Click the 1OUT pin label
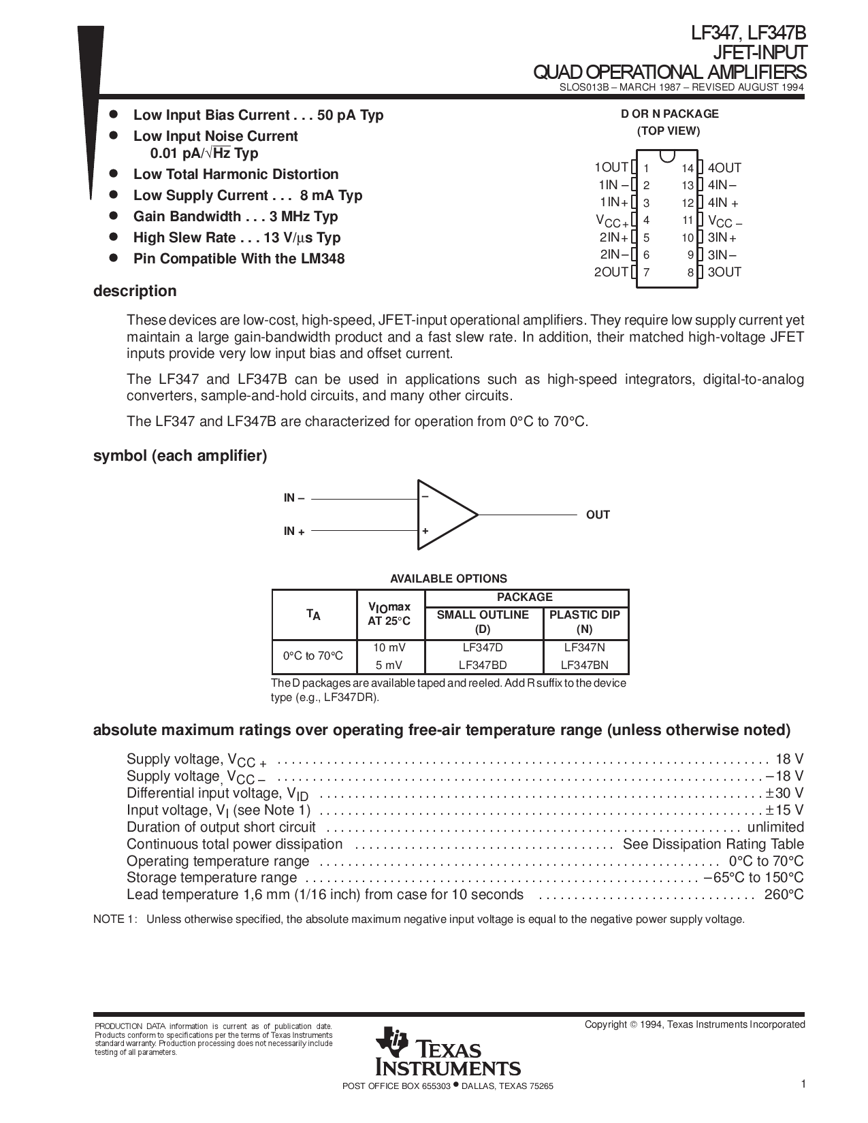[611, 167]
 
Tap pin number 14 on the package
[688, 168]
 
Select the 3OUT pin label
[724, 272]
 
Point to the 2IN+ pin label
[613, 238]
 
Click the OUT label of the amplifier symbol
[598, 515]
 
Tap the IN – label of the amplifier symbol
[294, 498]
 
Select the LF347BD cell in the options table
[483, 665]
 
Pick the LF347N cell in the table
[584, 648]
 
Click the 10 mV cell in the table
[389, 648]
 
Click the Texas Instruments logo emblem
[391, 1043]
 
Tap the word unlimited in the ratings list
[775, 827]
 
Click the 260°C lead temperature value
[784, 894]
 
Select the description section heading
[135, 291]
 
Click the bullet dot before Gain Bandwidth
[114, 216]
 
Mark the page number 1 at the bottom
[803, 1085]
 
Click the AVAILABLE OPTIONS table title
[448, 579]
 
